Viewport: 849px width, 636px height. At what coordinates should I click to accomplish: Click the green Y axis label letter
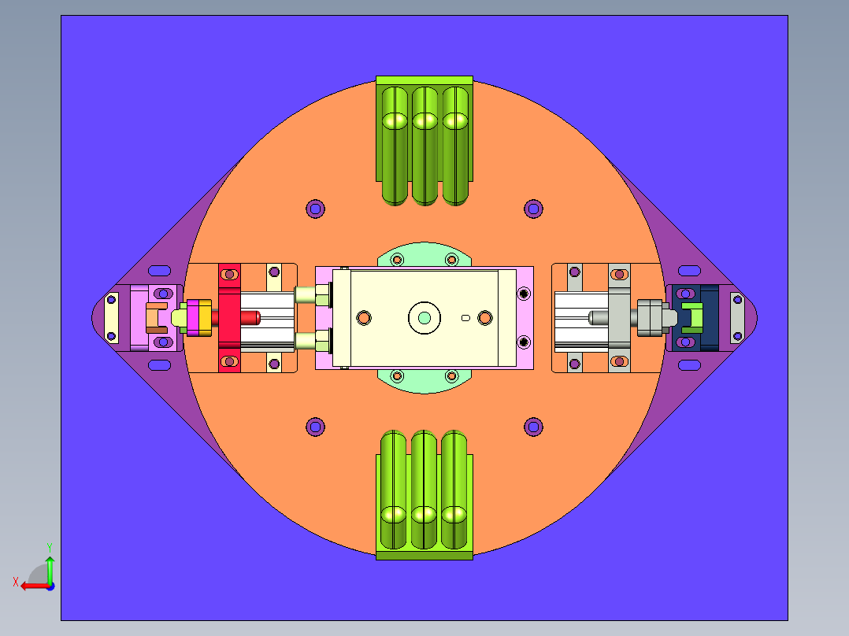50,547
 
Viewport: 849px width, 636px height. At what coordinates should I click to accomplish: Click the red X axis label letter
16,582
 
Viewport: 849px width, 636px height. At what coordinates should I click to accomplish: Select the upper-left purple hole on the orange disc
315,209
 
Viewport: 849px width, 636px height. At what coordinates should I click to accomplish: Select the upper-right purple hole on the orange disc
533,209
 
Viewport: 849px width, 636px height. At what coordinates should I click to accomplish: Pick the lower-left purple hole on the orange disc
315,427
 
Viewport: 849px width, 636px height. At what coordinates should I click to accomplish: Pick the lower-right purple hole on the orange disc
533,427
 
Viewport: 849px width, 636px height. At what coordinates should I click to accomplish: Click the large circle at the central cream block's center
424,318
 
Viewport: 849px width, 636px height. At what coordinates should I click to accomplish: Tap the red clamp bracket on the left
229,318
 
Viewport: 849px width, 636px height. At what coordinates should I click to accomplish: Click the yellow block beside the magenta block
206,318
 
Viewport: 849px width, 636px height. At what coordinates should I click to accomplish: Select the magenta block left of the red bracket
193,318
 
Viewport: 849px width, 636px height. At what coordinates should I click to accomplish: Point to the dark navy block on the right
695,318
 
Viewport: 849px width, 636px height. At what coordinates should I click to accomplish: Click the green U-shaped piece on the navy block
692,318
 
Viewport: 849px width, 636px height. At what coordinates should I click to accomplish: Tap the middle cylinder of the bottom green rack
424,490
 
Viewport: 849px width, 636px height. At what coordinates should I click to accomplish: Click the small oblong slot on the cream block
465,318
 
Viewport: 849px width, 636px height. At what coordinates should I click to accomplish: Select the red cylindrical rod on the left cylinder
250,318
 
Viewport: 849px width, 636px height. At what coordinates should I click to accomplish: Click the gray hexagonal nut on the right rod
649,318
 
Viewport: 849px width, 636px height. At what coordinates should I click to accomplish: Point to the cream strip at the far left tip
111,318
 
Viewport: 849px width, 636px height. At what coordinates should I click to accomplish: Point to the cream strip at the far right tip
737,318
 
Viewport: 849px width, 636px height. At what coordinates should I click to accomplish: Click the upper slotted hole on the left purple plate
159,271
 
